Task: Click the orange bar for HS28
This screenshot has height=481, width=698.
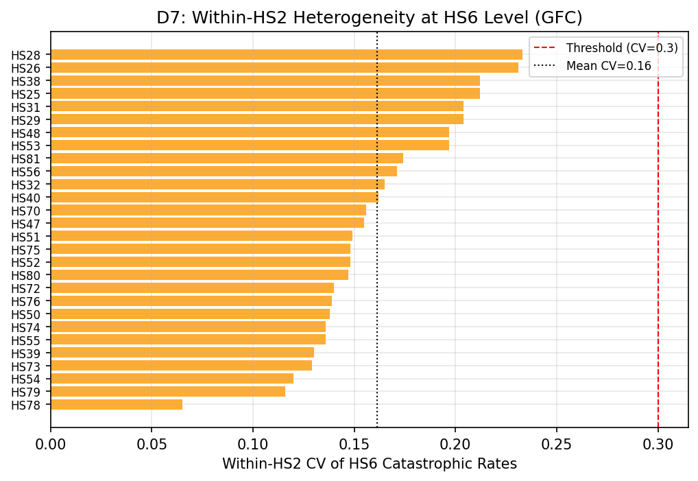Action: coord(286,55)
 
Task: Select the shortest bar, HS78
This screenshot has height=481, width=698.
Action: coord(117,405)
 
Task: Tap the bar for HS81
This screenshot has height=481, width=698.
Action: coord(226,159)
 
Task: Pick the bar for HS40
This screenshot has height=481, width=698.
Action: coord(214,198)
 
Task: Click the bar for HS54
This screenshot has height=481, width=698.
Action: coord(171,379)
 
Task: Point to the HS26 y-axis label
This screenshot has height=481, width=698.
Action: coord(26,68)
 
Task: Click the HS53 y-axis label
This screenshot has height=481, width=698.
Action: coord(26,145)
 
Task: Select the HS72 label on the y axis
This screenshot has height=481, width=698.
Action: coord(26,288)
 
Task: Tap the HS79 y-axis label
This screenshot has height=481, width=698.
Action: coord(26,392)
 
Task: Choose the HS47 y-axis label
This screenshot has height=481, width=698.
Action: coord(26,224)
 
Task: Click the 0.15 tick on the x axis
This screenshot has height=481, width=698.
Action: coord(354,444)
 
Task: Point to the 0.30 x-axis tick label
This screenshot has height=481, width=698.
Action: coord(658,444)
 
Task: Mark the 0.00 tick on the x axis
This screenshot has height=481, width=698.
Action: coord(51,444)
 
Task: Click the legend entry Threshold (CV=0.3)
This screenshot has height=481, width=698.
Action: coord(621,48)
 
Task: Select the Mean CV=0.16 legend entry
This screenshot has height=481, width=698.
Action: coord(608,66)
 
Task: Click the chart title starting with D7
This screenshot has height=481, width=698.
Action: coord(369,18)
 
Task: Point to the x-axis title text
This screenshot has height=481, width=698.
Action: coord(369,465)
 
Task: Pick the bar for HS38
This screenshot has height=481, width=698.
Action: coord(265,81)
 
